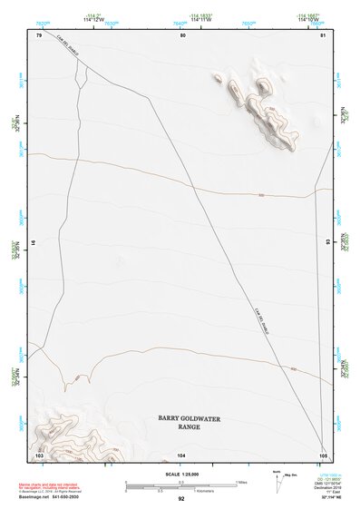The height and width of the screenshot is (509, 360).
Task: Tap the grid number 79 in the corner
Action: tap(39, 35)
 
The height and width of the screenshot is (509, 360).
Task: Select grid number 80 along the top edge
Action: tap(183, 35)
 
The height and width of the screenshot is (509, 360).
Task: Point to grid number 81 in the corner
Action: tap(323, 35)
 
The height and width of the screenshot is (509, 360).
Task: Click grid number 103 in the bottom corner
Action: tap(39, 454)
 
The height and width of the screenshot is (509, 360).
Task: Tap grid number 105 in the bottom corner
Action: tap(323, 454)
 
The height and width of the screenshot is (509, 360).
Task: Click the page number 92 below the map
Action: tap(180, 499)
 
